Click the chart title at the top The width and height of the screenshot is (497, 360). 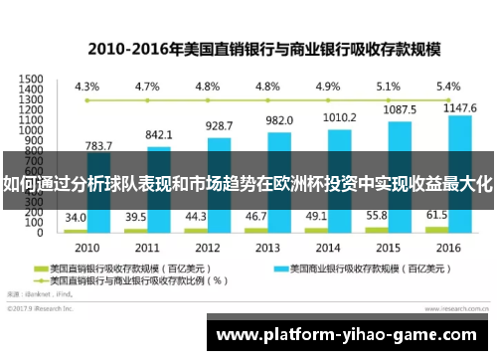coord(249,47)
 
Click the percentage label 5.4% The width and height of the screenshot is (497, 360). coord(448,86)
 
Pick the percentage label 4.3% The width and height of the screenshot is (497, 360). coord(86,86)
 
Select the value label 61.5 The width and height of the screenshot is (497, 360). coord(436,215)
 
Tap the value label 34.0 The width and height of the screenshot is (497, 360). coord(76,217)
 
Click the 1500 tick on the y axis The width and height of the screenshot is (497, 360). coord(31,79)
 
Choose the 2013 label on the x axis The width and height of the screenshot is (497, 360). coord(267,246)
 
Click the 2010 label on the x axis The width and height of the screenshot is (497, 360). coord(86,246)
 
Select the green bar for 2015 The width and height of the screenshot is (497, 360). coord(377,229)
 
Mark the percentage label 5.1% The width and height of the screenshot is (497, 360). coord(388,86)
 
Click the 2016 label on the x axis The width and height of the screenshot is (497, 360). coord(448,246)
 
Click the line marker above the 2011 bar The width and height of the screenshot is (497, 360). coord(147,100)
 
